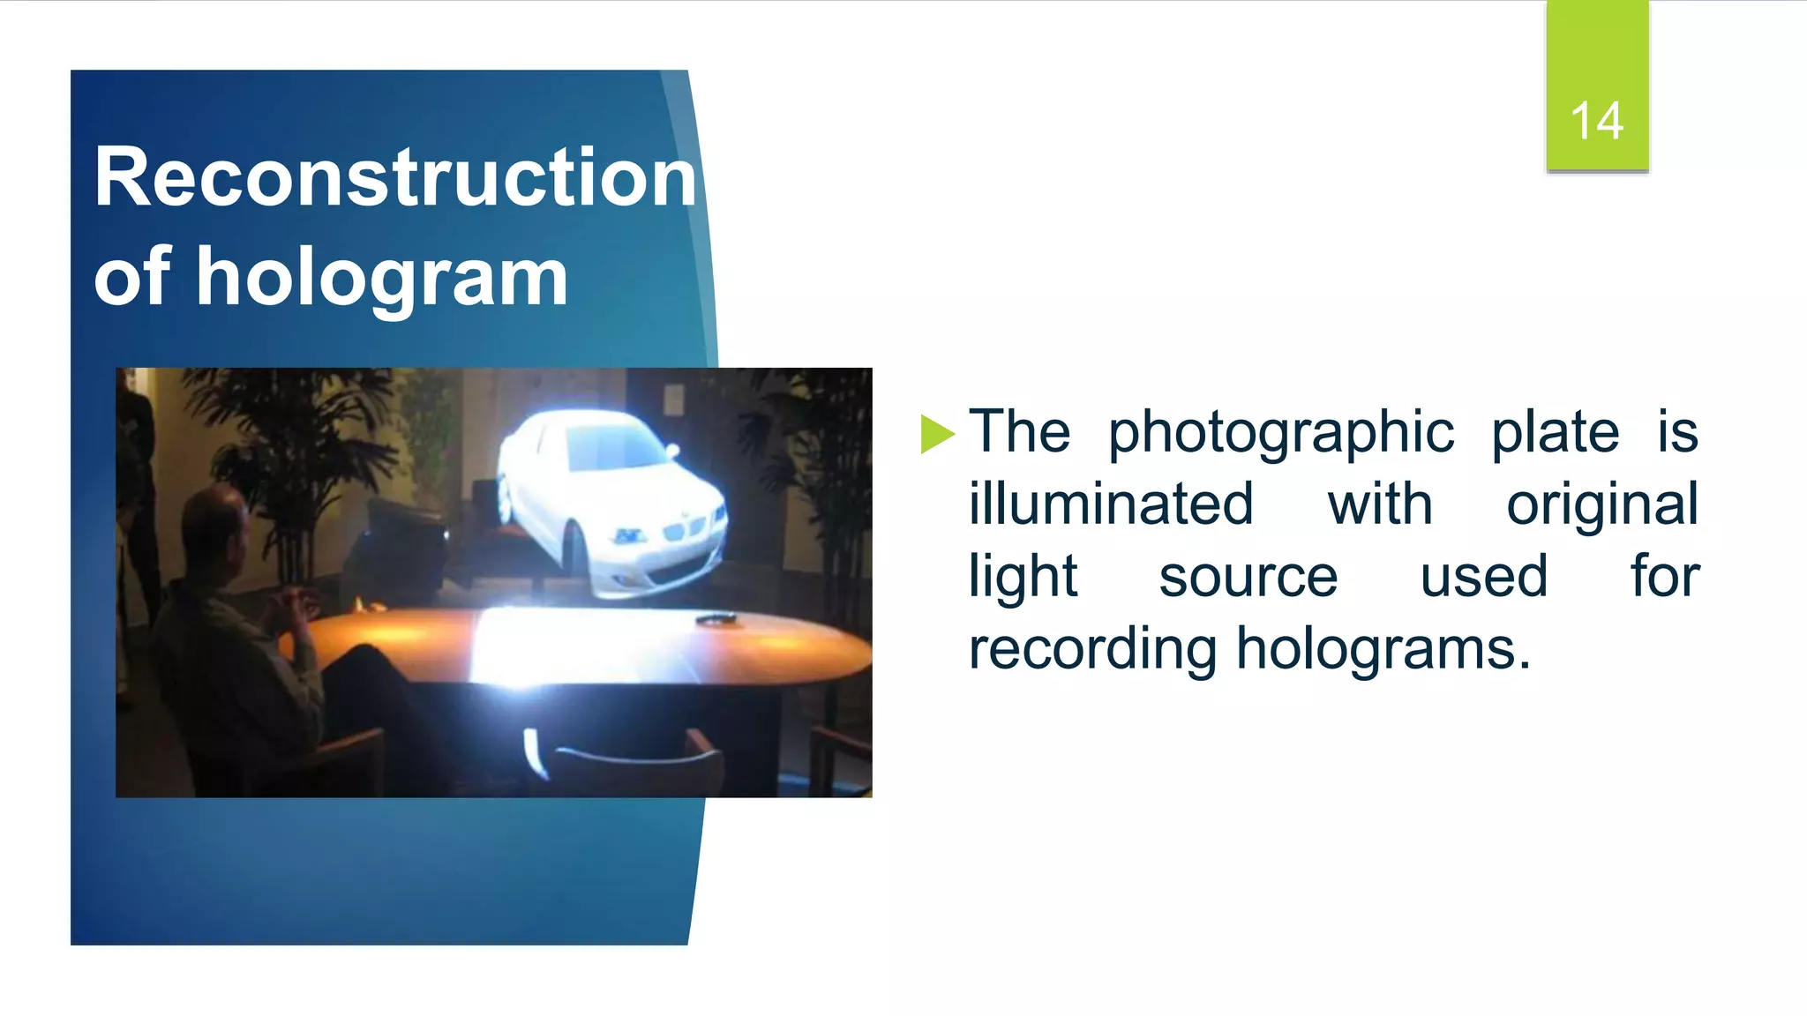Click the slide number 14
pyautogui.click(x=1596, y=121)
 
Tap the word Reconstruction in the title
pyautogui.click(x=395, y=178)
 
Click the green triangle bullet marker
pyautogui.click(x=937, y=434)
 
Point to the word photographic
pyautogui.click(x=1280, y=433)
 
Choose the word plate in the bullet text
pyautogui.click(x=1555, y=433)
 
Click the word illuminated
pyautogui.click(x=1111, y=504)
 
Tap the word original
pyautogui.click(x=1601, y=504)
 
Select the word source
pyautogui.click(x=1248, y=577)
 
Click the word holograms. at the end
pyautogui.click(x=1383, y=649)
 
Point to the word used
pyautogui.click(x=1483, y=577)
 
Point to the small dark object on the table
pyautogui.click(x=716, y=621)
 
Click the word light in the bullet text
pyautogui.click(x=1023, y=577)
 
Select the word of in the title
pyautogui.click(x=132, y=277)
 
